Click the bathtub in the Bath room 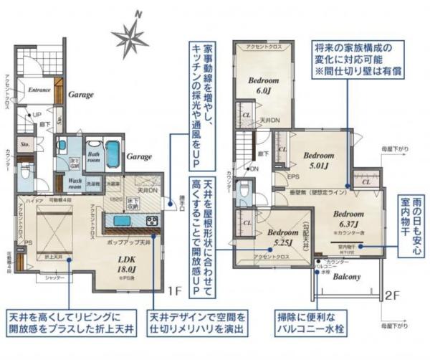(x=115, y=152)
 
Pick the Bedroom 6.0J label (x=262, y=85)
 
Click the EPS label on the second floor (x=292, y=176)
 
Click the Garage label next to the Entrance (x=82, y=94)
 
